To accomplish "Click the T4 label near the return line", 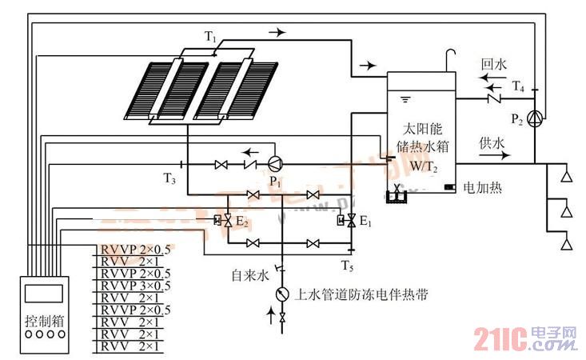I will (x=518, y=86).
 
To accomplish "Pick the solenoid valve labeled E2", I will (x=227, y=220).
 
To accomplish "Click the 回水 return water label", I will (x=490, y=62).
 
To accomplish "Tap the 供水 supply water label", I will (x=490, y=144).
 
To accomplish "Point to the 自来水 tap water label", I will (x=247, y=276).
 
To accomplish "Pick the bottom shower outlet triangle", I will (x=566, y=242).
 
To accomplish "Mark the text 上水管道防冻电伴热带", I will (x=362, y=294).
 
